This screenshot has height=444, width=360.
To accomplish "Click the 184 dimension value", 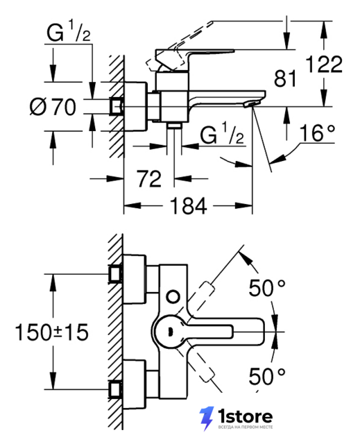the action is click(188, 206).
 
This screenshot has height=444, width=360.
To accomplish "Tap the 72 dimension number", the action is click(149, 179).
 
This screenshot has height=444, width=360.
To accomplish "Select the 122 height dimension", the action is click(325, 65).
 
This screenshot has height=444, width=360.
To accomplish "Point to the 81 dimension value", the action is click(285, 78).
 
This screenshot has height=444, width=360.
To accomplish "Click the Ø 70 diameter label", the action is click(53, 107).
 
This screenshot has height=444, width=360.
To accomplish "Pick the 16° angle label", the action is click(317, 133).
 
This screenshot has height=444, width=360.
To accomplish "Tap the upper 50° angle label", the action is click(267, 287).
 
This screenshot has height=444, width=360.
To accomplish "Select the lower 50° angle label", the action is click(267, 376).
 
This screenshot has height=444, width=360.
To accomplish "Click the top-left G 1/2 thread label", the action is click(68, 32).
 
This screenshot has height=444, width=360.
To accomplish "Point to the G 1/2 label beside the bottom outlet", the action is click(221, 134).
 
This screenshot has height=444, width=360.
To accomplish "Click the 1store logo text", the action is click(245, 416).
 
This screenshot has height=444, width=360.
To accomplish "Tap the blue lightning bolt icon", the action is click(206, 418).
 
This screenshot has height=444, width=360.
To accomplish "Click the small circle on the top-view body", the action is click(173, 297).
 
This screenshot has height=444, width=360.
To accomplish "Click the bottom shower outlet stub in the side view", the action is click(174, 126).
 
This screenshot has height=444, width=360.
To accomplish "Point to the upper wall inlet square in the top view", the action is click(115, 274).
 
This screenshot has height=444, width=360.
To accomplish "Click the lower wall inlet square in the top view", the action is click(115, 390).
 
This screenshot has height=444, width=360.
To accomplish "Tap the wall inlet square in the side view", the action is click(116, 107).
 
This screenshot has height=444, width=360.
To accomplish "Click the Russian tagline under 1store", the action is click(245, 427).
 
